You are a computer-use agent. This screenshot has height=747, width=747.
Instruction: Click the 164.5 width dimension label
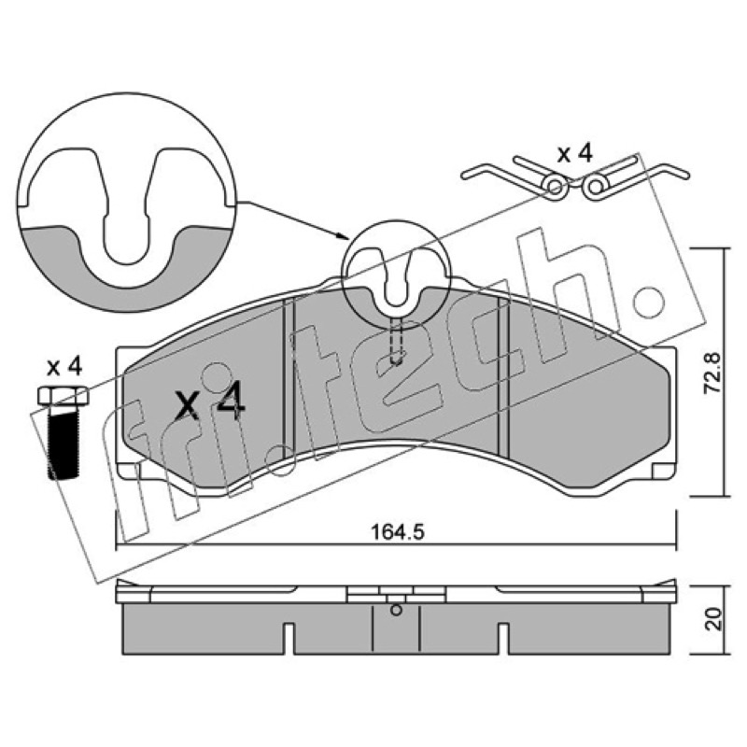click(398, 531)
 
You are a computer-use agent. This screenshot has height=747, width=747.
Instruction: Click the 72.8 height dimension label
click(712, 373)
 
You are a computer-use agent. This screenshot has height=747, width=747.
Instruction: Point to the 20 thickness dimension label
click(712, 619)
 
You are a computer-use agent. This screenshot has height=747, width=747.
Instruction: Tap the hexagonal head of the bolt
click(63, 395)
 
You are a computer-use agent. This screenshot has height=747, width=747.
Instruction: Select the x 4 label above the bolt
click(64, 367)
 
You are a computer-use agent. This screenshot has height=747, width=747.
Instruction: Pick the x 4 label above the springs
click(575, 154)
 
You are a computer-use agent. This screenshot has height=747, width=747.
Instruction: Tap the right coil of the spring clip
click(595, 188)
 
